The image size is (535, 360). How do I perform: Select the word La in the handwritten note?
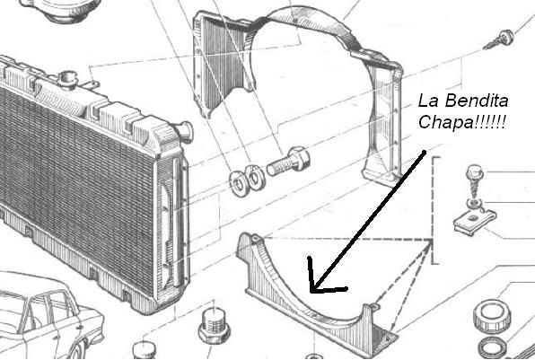[x=428, y=101]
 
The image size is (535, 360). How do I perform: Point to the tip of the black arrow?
[x=311, y=292]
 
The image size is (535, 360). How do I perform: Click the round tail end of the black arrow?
[x=425, y=152]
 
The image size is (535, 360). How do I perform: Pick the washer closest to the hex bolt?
[x=255, y=177]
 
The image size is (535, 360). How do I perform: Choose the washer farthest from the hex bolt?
[x=238, y=183]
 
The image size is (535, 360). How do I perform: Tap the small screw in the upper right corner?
[x=500, y=40]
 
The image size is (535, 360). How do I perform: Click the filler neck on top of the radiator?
[x=67, y=80]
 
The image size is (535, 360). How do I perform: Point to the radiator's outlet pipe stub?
[x=185, y=132]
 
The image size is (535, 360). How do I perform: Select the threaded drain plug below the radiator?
[x=214, y=326]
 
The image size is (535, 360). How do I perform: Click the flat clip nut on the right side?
[x=475, y=221]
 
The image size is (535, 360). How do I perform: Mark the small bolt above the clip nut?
[x=475, y=180]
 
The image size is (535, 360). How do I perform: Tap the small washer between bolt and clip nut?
[x=474, y=204]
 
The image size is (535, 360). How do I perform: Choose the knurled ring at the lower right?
[x=491, y=316]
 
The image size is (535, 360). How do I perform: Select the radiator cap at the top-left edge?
[x=61, y=9]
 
